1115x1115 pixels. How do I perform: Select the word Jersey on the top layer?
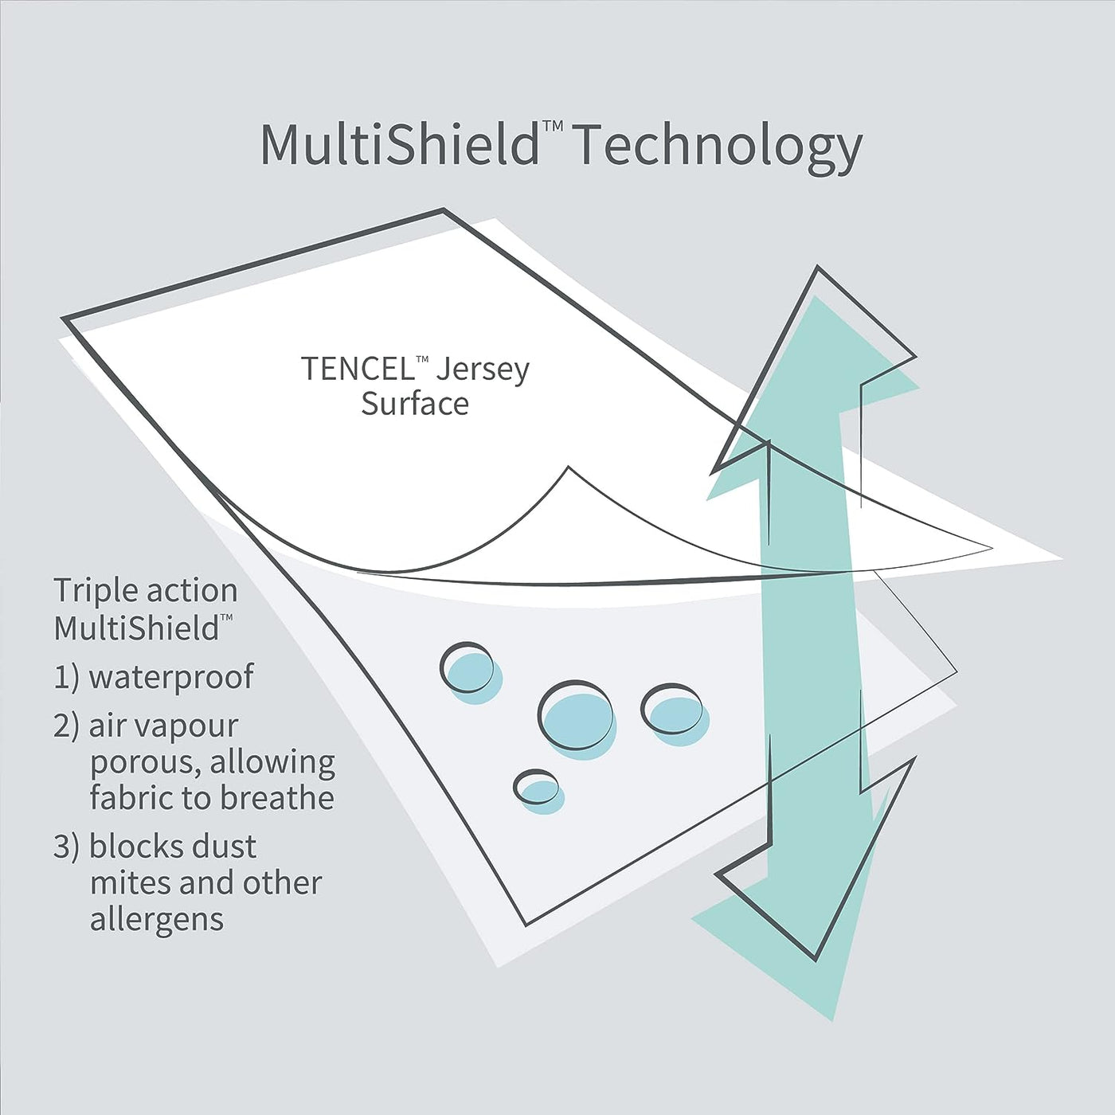pyautogui.click(x=483, y=370)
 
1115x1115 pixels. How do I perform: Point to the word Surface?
pyautogui.click(x=415, y=403)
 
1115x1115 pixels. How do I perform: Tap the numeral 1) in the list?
pyautogui.click(x=66, y=677)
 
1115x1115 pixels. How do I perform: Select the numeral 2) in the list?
pyautogui.click(x=65, y=727)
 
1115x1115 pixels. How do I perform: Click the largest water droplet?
pyautogui.click(x=577, y=718)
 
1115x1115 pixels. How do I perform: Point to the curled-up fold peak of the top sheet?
pyautogui.click(x=569, y=468)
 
